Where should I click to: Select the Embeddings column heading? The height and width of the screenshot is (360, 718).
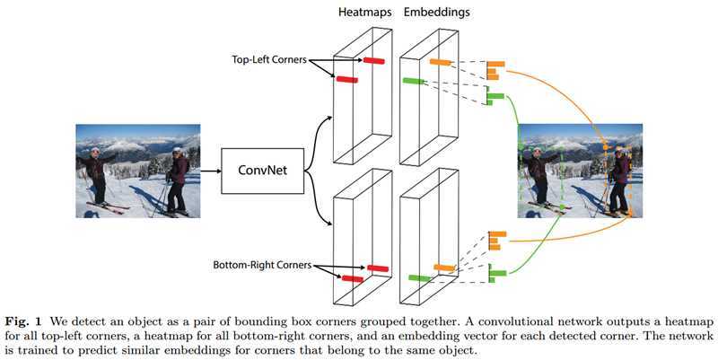coord(436,13)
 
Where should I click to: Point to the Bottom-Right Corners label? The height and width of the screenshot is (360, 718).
coord(262,266)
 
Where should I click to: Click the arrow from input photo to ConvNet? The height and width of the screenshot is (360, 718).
coord(207,170)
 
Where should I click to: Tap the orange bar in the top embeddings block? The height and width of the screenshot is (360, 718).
coord(440,62)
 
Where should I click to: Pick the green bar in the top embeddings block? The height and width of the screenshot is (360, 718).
coord(412,82)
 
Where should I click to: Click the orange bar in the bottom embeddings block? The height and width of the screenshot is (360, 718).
coord(443,268)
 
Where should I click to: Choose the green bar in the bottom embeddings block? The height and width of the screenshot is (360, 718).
coord(416,278)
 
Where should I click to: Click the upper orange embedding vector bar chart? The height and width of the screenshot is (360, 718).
coord(495,70)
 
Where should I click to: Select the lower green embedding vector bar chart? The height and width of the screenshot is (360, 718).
coord(495,273)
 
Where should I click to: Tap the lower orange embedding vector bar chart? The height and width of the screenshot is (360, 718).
coord(495,240)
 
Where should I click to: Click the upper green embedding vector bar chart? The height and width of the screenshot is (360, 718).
coord(495,98)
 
